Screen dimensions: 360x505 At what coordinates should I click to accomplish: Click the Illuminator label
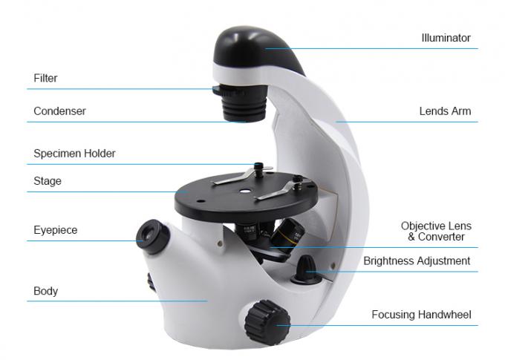[x=446, y=38]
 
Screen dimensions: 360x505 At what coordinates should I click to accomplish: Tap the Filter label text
[x=45, y=78]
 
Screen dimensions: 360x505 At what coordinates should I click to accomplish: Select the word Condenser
[x=59, y=111]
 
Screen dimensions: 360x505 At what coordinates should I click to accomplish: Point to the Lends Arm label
[x=445, y=112]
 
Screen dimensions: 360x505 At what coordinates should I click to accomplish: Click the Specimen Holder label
[x=74, y=154]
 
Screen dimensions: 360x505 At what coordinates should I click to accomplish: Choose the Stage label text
[x=48, y=181]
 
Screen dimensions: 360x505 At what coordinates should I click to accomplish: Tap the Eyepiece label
[x=55, y=230]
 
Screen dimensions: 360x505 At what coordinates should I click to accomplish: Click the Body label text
[x=45, y=291]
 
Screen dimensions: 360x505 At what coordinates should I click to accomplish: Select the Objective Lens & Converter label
[x=436, y=231]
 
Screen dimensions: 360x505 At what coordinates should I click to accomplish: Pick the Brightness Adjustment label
[x=417, y=261]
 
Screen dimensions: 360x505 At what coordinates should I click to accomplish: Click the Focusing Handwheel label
[x=421, y=315]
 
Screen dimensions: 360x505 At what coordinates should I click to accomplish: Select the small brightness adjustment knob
[x=307, y=268]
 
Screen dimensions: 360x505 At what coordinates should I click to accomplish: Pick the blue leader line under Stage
[x=104, y=192]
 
